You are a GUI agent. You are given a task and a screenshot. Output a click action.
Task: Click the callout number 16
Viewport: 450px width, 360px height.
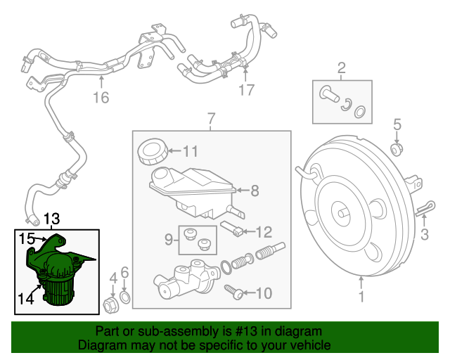pos(102,97)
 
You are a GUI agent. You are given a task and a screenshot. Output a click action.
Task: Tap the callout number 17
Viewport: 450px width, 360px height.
pos(245,90)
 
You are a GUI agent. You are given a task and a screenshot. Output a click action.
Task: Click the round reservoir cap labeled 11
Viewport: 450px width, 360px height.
pos(151,150)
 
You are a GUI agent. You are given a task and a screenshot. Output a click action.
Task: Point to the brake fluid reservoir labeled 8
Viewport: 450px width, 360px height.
pos(191,188)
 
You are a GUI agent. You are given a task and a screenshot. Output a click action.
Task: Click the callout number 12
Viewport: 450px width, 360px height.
pos(262,231)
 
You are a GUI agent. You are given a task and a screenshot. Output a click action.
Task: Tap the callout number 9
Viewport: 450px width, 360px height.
pos(169,240)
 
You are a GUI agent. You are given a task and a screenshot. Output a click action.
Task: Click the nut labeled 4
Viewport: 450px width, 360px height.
pos(110,304)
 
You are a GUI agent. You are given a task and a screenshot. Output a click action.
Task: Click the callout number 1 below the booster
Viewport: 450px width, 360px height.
pos(361,297)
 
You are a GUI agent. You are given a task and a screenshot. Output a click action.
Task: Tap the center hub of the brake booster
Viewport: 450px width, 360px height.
pos(342,211)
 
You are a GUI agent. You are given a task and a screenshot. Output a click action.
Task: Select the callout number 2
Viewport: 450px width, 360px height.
pos(342,68)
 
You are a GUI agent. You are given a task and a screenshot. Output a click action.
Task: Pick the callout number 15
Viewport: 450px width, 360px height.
pos(27,238)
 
